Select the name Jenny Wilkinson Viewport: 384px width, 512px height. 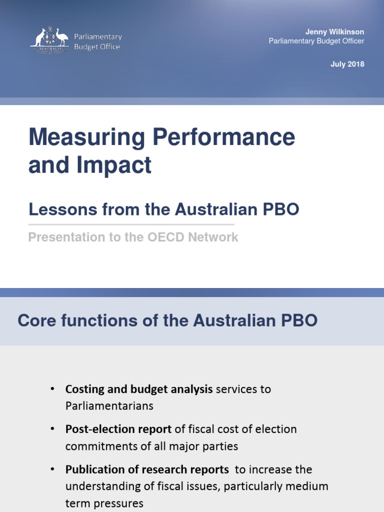335,32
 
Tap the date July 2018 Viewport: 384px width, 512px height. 347,64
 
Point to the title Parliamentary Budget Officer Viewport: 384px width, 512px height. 316,41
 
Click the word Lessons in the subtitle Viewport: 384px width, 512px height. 56,209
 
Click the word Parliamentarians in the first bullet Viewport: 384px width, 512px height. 109,405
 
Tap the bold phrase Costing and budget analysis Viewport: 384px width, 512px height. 139,389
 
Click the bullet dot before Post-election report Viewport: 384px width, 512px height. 53,429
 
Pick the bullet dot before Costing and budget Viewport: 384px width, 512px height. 53,389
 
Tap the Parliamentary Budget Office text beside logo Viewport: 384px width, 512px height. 97,41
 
